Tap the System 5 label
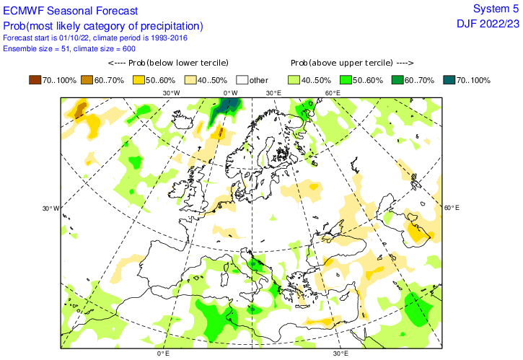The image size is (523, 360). pyautogui.click(x=495, y=9)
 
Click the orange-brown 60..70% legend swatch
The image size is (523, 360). pyautogui.click(x=88, y=79)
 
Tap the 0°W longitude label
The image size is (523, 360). pyautogui.click(x=230, y=92)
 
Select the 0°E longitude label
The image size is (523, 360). pyautogui.click(x=163, y=354)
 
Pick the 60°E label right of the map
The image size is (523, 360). pyautogui.click(x=451, y=208)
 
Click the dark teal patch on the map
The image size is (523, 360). pyautogui.click(x=229, y=106)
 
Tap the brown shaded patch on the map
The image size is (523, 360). pyautogui.click(x=80, y=110)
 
